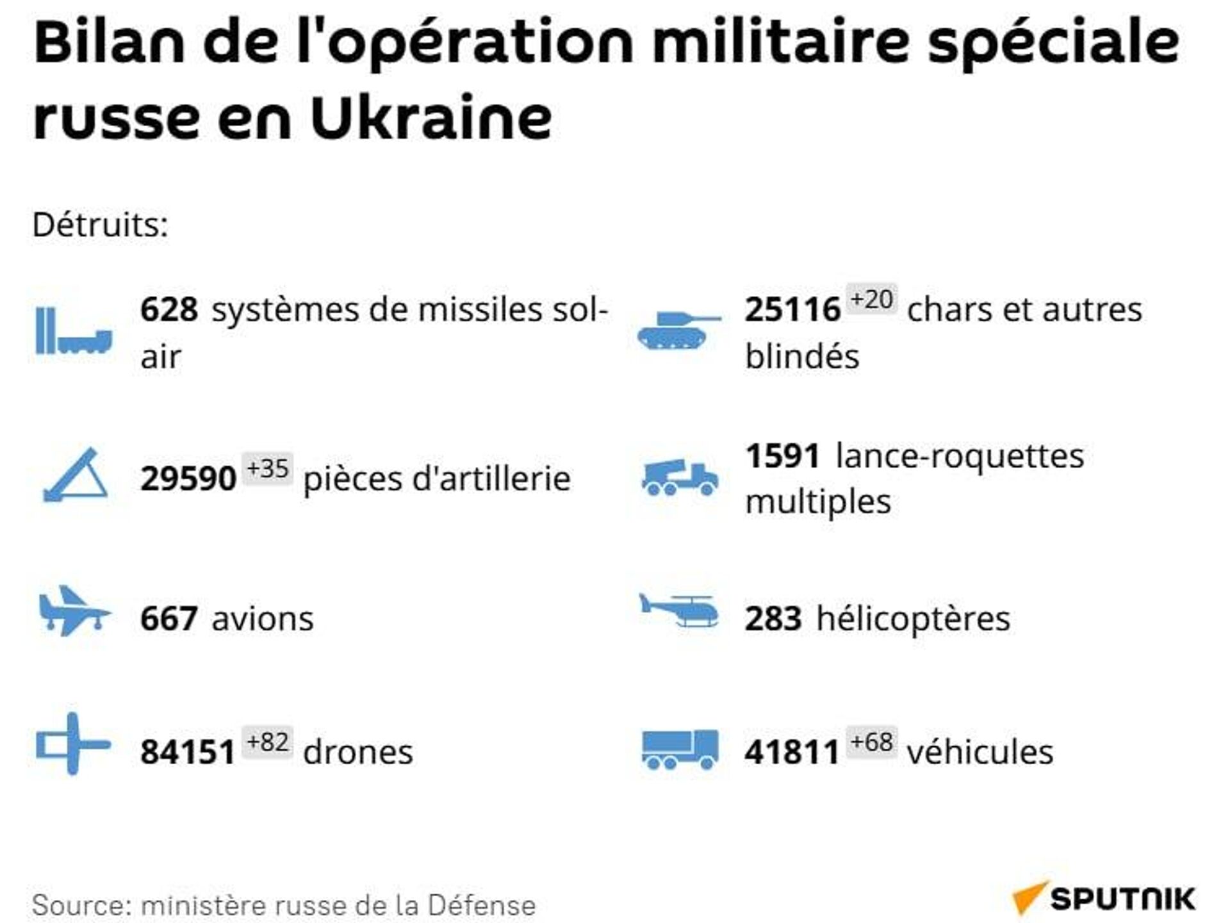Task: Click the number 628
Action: (169, 309)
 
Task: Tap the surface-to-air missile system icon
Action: (74, 331)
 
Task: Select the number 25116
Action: (792, 309)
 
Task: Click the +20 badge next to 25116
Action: (871, 300)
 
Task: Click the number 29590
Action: (188, 478)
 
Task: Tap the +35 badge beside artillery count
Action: (268, 469)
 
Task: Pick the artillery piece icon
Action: (76, 475)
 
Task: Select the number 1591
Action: (782, 457)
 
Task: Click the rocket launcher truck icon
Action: (680, 478)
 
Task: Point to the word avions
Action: (263, 619)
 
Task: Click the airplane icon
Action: (74, 611)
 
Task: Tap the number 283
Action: (773, 619)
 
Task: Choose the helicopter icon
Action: (680, 610)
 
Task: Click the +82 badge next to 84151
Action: (268, 742)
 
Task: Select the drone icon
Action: (73, 744)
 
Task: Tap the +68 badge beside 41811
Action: (871, 742)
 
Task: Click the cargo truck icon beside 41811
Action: (680, 749)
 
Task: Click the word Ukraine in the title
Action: (430, 118)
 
